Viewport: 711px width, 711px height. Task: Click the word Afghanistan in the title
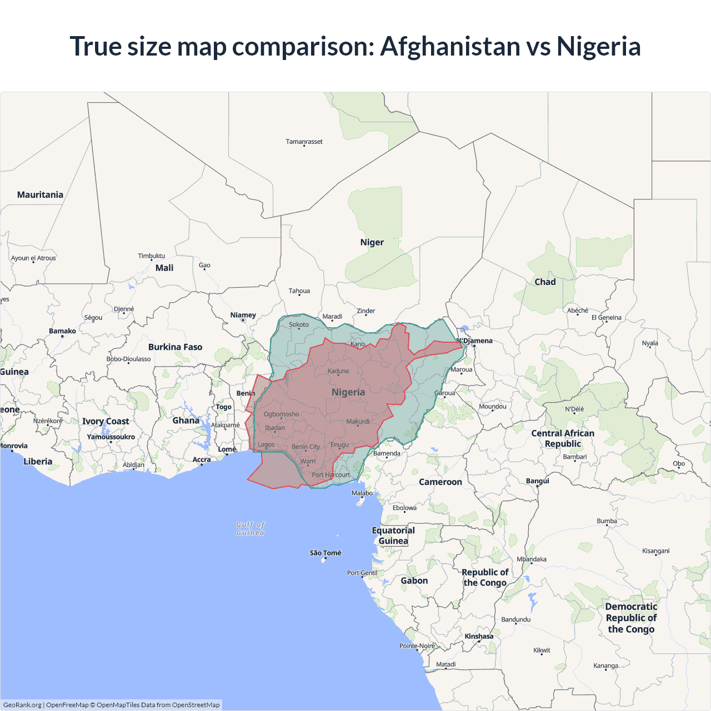point(450,46)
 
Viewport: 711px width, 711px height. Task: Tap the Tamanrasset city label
point(304,142)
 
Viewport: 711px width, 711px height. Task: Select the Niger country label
point(372,242)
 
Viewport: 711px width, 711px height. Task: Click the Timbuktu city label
point(151,256)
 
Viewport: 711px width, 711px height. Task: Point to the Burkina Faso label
point(175,347)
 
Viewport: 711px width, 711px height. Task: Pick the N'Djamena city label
point(475,341)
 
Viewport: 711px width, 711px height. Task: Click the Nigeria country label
point(348,392)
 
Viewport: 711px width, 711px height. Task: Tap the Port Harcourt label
point(331,475)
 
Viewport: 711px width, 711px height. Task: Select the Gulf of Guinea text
point(250,528)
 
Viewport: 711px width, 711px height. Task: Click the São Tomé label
point(326,553)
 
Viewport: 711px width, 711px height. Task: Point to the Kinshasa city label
point(479,636)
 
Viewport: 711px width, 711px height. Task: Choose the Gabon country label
point(414,580)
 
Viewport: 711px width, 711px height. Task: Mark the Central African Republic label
point(563,438)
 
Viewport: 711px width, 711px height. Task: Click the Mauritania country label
point(40,194)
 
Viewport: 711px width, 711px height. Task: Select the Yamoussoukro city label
point(111,437)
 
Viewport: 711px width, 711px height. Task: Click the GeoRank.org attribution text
point(22,705)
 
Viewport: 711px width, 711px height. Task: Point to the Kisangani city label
point(655,551)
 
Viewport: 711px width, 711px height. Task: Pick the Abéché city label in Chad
point(577,311)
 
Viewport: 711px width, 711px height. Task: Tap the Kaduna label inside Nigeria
point(338,371)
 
